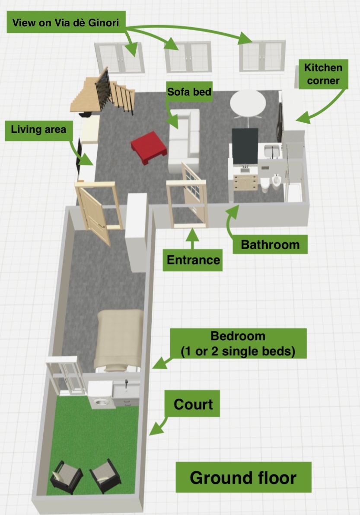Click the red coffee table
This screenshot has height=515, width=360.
[149, 147]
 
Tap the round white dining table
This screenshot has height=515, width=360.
[248, 103]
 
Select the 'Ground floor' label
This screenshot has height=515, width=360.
[243, 477]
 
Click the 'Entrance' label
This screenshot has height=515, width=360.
[193, 260]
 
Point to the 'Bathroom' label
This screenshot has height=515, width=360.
[270, 244]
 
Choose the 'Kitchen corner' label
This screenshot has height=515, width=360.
[323, 74]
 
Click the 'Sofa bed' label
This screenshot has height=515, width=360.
[189, 91]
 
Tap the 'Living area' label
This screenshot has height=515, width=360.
[38, 129]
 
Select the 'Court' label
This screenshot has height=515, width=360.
[193, 404]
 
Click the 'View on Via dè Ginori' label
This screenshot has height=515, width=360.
[66, 22]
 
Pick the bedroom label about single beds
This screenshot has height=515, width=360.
[238, 344]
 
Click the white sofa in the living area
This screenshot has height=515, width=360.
[184, 140]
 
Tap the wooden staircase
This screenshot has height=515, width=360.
[103, 92]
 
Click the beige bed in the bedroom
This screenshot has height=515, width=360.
[119, 339]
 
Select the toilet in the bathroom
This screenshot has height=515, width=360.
[265, 185]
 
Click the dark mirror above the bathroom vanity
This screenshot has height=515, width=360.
[245, 146]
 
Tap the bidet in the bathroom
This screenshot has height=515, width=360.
[276, 182]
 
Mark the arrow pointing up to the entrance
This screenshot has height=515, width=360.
[193, 239]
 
